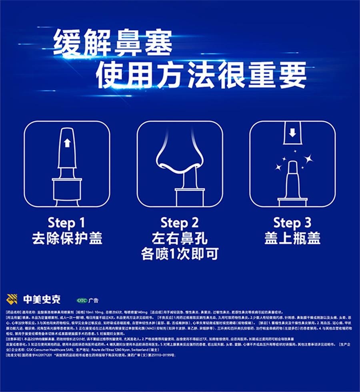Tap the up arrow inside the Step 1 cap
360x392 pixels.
pos(67,143)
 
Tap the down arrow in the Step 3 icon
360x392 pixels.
pos(292,133)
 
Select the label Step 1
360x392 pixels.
pos(66,223)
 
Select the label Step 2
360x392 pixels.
pos(180,223)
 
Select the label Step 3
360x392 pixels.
pos(292,223)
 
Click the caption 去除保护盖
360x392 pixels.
pos(67,238)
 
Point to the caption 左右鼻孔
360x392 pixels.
pos(180,239)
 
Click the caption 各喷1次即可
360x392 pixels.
pos(180,254)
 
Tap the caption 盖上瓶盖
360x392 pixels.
pos(292,238)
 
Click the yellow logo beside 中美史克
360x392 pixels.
pos(12,299)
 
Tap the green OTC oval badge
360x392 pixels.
pos(82,300)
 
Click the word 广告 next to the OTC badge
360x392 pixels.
pos(94,300)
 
